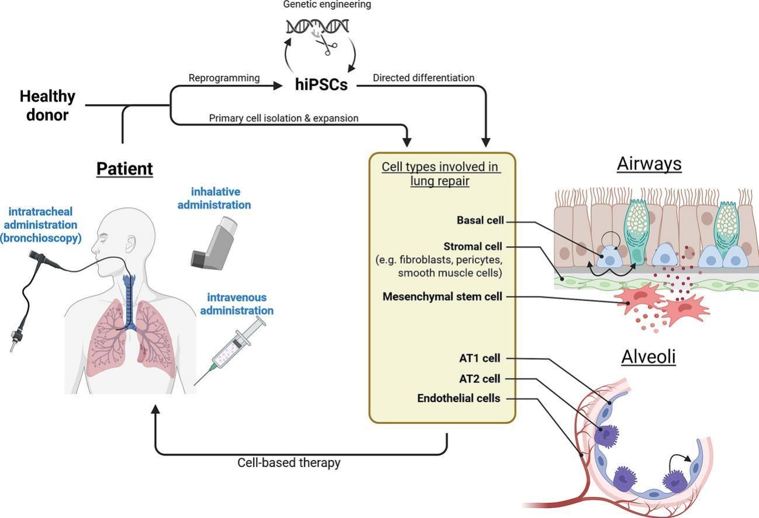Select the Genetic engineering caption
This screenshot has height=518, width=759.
click(x=327, y=5)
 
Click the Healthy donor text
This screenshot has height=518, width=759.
click(x=47, y=105)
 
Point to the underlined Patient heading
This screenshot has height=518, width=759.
click(x=124, y=169)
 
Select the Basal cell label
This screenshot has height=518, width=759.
click(x=480, y=221)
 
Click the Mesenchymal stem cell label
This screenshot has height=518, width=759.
click(x=442, y=297)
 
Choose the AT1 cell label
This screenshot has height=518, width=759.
click(x=480, y=358)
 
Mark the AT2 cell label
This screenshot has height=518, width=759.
click(x=480, y=379)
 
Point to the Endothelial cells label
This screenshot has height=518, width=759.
click(x=459, y=399)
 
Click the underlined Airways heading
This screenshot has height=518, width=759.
click(x=649, y=164)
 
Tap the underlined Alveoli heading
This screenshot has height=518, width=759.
click(x=649, y=357)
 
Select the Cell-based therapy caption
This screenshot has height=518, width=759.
click(x=289, y=463)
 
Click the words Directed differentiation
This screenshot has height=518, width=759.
click(x=424, y=78)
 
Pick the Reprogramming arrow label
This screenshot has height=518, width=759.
click(x=224, y=78)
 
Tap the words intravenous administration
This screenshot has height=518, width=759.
click(x=237, y=305)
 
